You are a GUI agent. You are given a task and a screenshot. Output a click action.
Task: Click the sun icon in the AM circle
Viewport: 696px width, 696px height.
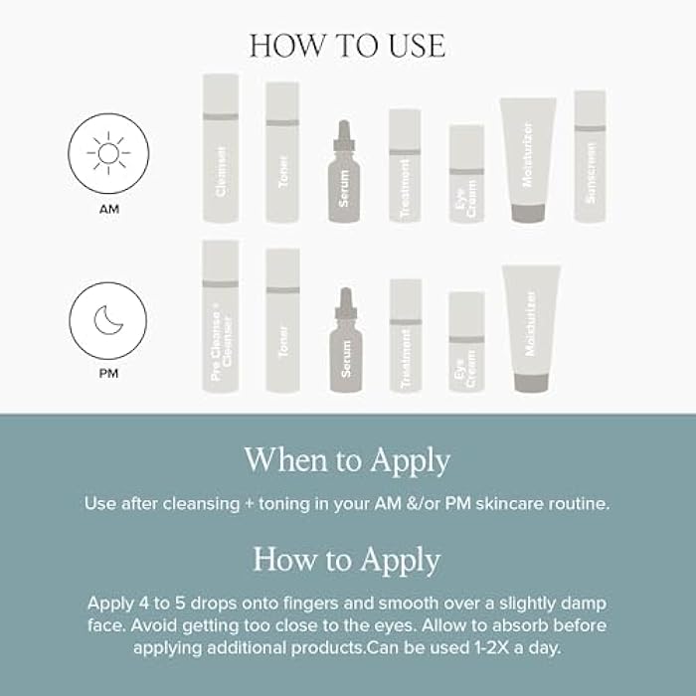coord(107,153)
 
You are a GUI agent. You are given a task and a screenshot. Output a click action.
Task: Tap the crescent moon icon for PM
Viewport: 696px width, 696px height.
coord(107,321)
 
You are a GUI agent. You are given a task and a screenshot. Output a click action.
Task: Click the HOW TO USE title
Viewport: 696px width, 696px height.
coord(347,46)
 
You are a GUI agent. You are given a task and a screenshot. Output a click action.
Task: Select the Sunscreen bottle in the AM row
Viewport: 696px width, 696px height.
coord(590,156)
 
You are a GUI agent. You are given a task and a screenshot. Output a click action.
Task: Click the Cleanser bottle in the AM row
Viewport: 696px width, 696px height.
coord(221,148)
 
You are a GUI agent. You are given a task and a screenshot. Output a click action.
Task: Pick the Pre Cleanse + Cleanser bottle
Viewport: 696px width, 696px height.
coord(221,316)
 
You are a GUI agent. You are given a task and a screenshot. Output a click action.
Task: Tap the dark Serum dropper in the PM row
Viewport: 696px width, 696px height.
coord(345,340)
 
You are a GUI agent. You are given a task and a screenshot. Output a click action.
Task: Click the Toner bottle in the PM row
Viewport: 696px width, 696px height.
coord(282,320)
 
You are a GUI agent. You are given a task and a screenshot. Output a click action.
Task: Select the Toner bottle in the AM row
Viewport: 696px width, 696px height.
coord(282,152)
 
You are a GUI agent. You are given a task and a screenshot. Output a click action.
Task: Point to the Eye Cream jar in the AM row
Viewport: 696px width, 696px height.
coord(466,174)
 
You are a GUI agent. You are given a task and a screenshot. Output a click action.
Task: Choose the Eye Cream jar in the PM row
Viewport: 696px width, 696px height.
coord(466,342)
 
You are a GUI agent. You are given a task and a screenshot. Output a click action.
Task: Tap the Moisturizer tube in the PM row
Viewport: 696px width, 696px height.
coord(531,328)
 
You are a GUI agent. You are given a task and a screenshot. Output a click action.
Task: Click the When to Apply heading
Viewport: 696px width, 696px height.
coord(347,460)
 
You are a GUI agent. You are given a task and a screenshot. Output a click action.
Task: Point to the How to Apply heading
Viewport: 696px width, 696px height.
coord(347,559)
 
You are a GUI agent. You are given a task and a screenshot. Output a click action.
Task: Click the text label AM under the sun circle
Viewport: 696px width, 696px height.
coord(107,210)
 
